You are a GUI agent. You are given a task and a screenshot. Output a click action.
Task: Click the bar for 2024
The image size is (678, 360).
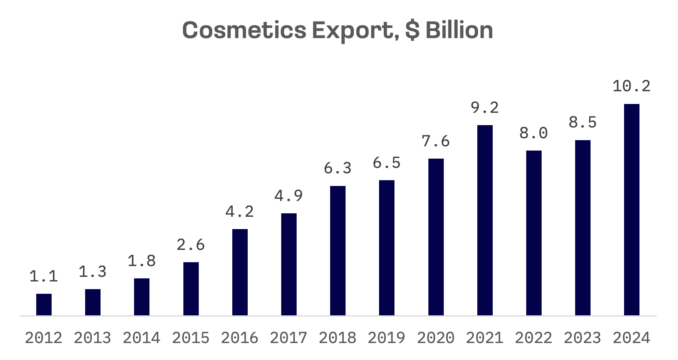[x=631, y=210]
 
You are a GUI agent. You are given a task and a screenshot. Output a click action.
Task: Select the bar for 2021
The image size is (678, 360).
[x=485, y=220]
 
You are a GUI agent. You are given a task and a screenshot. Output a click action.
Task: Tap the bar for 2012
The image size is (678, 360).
[x=44, y=305]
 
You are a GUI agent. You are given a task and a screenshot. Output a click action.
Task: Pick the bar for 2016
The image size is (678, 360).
[x=240, y=272]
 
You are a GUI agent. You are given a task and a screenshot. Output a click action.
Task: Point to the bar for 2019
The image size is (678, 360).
[x=386, y=248]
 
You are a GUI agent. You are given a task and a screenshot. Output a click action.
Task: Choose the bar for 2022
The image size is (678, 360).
[x=534, y=233]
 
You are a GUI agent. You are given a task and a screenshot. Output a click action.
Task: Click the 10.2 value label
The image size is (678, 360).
[x=631, y=86]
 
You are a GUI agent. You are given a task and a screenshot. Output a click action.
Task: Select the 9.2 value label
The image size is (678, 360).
[x=485, y=107]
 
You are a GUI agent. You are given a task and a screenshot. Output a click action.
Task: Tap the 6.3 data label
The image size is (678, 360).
[x=337, y=168]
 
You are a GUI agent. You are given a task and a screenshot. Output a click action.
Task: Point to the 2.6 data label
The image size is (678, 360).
[x=191, y=244]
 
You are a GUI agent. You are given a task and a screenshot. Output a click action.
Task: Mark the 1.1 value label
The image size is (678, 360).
[x=44, y=276]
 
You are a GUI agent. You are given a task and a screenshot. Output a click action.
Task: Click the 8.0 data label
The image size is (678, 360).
[x=534, y=133]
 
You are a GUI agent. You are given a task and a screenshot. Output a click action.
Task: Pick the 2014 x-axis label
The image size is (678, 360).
[x=141, y=338]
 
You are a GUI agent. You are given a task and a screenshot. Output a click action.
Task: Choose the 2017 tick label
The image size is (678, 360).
[x=289, y=338]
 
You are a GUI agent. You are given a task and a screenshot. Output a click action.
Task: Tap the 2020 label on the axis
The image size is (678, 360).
[x=436, y=338]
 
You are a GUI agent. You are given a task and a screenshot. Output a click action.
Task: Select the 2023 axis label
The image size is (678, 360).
[x=582, y=338]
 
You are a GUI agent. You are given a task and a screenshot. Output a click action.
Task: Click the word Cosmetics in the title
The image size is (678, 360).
[x=244, y=30]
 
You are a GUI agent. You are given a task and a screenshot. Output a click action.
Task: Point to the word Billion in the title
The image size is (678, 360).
[x=459, y=30]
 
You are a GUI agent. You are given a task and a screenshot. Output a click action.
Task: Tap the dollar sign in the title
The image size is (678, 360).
[x=412, y=30]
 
